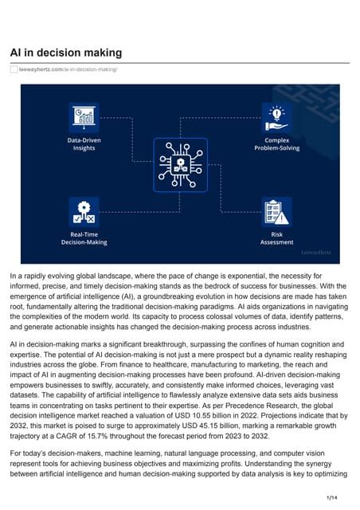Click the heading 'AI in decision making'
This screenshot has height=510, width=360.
65,53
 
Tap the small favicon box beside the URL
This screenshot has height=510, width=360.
14,70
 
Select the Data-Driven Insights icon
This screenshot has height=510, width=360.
84,118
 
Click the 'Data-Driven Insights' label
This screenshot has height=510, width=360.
84,143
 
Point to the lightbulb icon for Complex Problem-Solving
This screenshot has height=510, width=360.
276,116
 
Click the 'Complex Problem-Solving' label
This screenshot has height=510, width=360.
276,143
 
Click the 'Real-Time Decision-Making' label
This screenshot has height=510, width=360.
84,238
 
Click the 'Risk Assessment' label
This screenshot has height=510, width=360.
276,238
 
